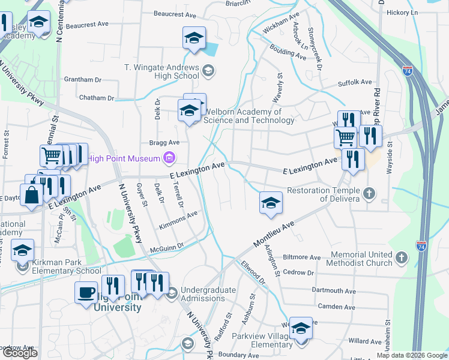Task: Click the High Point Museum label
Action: point(123,159)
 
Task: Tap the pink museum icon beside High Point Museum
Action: point(169,158)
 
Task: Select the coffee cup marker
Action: point(86,292)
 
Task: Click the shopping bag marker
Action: point(31,194)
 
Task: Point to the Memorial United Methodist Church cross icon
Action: point(402,258)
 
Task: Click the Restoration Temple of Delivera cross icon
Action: point(369,194)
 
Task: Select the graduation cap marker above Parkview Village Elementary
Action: point(301,328)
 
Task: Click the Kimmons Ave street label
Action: point(178,220)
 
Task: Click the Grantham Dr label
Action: point(82,79)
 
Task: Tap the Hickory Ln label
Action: point(418,12)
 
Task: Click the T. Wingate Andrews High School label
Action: point(161,71)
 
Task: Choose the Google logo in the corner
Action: point(20,353)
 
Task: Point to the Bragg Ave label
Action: point(164,143)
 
